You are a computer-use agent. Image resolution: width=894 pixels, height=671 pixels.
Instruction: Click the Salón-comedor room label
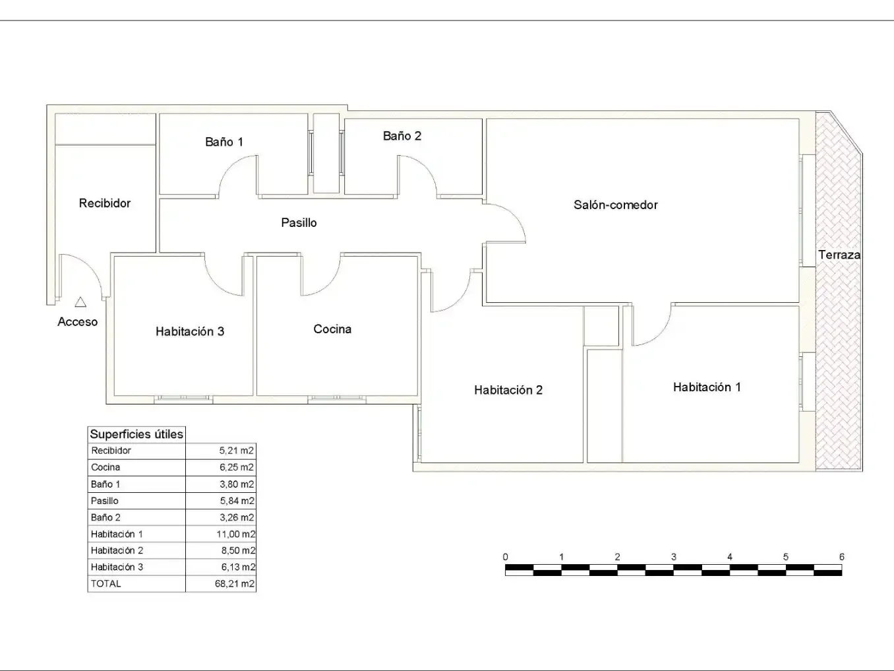click(x=615, y=205)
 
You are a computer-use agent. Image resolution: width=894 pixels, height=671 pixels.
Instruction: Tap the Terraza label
click(x=839, y=255)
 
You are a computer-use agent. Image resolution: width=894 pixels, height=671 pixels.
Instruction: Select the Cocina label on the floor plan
click(x=332, y=329)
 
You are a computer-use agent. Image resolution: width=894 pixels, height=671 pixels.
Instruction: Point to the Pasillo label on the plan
click(x=299, y=222)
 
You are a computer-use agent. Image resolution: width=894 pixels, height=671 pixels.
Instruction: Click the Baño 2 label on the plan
click(x=402, y=136)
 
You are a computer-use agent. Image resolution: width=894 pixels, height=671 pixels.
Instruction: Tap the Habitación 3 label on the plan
click(x=190, y=331)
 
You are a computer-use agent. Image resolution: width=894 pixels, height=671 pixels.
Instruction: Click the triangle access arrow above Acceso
click(x=80, y=302)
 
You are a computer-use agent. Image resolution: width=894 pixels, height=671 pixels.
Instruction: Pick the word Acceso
click(x=77, y=321)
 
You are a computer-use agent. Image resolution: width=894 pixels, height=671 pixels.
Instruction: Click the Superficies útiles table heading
click(x=136, y=434)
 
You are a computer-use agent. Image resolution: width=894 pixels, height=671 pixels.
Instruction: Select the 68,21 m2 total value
click(x=235, y=583)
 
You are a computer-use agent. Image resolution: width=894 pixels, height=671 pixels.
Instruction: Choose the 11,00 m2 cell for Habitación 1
click(x=236, y=534)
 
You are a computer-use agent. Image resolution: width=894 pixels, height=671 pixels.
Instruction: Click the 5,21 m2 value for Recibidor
click(x=236, y=450)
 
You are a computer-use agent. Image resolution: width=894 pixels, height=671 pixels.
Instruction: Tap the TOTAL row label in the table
click(x=106, y=583)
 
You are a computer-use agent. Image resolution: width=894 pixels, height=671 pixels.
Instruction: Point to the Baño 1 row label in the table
click(x=105, y=484)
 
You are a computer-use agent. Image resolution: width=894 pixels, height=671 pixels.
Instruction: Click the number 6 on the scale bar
click(x=842, y=556)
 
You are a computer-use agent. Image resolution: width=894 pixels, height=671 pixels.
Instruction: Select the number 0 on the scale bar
click(x=506, y=556)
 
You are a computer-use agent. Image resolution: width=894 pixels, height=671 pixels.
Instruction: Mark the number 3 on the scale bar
click(x=674, y=556)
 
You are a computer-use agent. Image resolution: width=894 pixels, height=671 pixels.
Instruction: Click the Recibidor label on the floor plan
click(x=105, y=203)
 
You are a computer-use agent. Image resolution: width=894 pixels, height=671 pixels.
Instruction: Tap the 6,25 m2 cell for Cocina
click(x=237, y=467)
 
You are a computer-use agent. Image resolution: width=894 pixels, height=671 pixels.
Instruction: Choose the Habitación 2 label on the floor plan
click(x=508, y=390)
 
